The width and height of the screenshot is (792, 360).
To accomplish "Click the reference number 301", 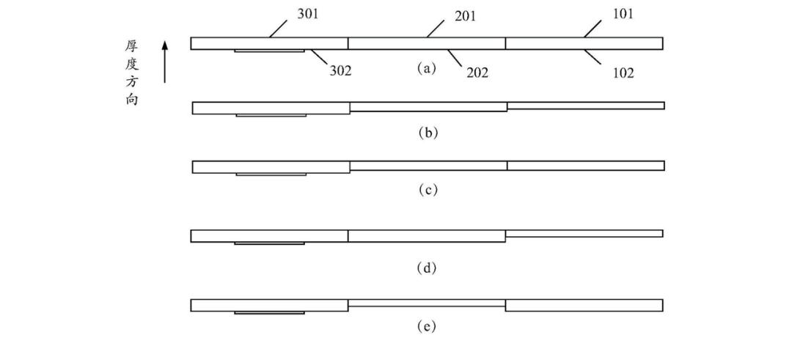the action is [x=307, y=14].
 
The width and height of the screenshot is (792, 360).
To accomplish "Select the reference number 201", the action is [x=465, y=16].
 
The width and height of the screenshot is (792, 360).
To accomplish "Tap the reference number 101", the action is [x=623, y=14].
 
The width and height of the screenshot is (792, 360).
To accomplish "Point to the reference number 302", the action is [x=340, y=70].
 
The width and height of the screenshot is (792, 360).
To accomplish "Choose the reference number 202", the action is [x=477, y=73].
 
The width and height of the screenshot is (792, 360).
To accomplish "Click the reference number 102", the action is [x=623, y=73].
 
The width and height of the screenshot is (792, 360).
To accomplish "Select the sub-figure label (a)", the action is [x=426, y=68].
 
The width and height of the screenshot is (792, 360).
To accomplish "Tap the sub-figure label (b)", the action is [x=428, y=133].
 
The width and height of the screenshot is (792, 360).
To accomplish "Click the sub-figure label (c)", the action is [x=428, y=190].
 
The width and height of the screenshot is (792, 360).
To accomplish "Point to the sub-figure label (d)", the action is [x=426, y=268].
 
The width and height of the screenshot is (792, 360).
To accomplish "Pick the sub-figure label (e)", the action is [x=426, y=327].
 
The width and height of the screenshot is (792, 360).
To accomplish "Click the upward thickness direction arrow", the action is [x=165, y=62].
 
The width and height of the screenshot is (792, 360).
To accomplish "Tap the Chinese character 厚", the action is [x=132, y=46].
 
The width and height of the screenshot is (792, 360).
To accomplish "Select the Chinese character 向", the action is [x=132, y=100].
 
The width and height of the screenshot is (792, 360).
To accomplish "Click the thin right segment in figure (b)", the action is [x=586, y=106].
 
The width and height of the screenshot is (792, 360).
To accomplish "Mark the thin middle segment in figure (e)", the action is [x=427, y=303].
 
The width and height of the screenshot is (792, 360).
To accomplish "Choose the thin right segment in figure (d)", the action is [x=584, y=233].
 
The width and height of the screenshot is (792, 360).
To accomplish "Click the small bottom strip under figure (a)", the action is [x=269, y=51].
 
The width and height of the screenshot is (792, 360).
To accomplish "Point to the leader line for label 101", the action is [x=593, y=29].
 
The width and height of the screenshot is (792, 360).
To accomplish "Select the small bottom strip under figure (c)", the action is [x=271, y=175].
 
